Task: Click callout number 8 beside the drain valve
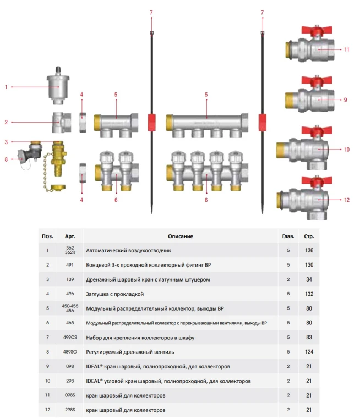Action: (x=7, y=160)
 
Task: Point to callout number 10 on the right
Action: (x=347, y=149)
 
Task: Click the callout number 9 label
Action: (x=345, y=100)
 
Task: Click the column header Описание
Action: (x=181, y=236)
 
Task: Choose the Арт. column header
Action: (x=70, y=236)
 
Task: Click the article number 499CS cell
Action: (x=70, y=337)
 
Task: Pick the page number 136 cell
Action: (x=309, y=251)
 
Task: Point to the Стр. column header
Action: (x=309, y=236)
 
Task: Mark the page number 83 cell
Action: (x=309, y=337)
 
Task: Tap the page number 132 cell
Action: (x=309, y=294)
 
